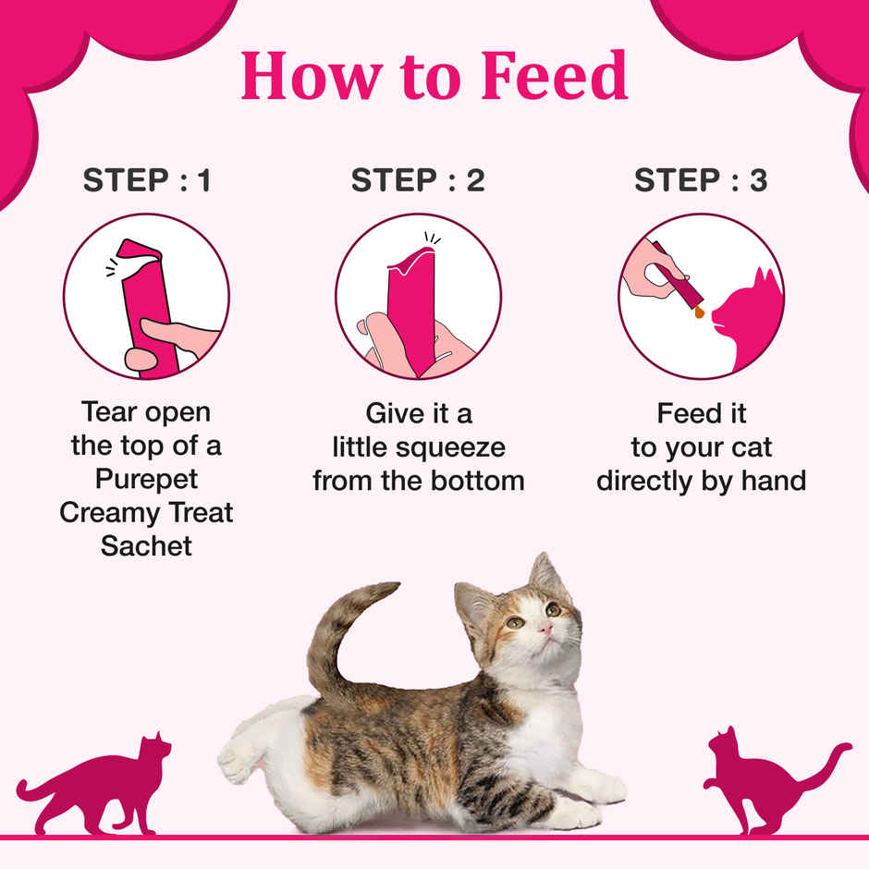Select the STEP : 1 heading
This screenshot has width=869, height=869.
147,181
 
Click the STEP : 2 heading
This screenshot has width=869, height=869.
418,181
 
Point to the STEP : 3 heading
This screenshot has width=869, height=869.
701,181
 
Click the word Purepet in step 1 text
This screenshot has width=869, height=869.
146,478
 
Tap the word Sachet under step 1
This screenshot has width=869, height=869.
146,545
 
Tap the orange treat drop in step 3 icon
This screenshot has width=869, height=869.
699,312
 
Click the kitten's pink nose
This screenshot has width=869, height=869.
547,629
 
